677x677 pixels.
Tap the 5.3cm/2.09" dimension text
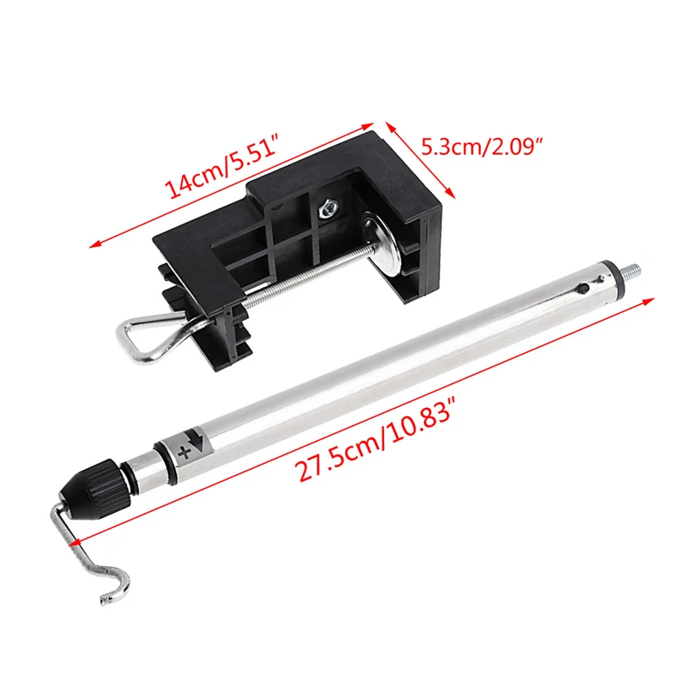pyautogui.click(x=482, y=146)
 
